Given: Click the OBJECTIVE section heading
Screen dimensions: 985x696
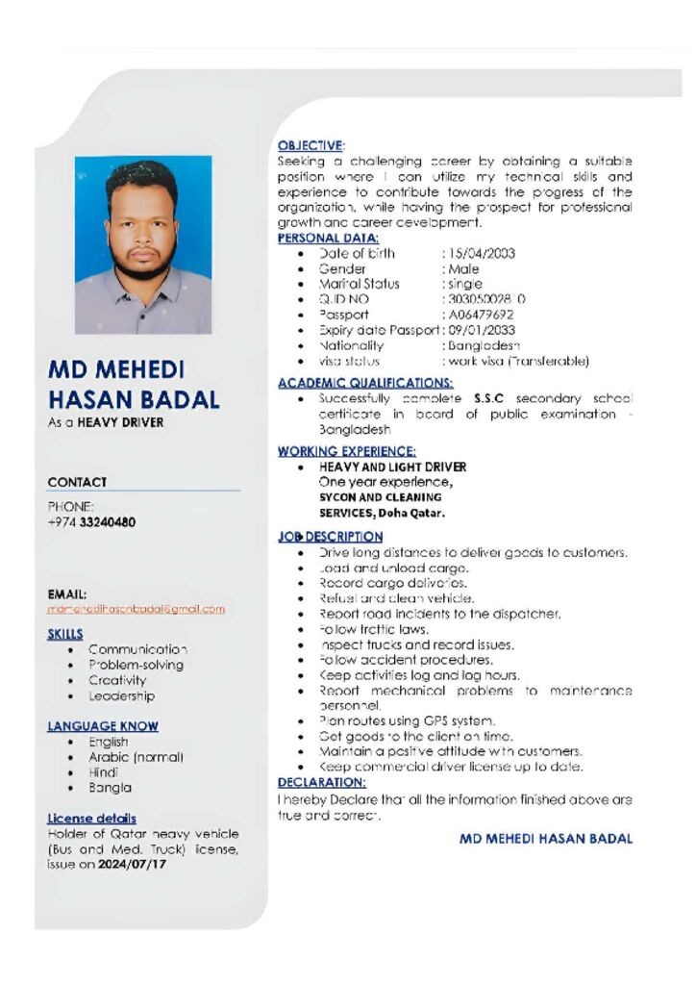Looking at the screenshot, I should click(x=311, y=144).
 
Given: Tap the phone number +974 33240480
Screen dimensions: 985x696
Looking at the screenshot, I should click(x=91, y=522).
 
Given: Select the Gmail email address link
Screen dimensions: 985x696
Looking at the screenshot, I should click(x=136, y=609).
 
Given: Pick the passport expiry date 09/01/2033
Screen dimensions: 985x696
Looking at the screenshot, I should click(x=483, y=330).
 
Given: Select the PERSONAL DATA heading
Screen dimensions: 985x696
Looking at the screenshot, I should click(x=328, y=238).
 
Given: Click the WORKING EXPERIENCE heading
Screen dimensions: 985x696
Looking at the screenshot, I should click(x=346, y=451).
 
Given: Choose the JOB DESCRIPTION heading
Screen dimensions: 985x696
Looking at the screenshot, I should click(x=330, y=537).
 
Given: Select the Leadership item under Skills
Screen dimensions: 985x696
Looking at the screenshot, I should click(x=121, y=695).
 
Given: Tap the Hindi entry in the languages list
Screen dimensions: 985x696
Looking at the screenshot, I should click(x=103, y=771).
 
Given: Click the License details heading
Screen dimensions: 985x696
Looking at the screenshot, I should click(x=91, y=819).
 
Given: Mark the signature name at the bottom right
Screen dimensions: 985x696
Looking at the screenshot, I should click(x=545, y=839).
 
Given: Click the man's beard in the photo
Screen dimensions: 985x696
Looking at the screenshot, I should click(x=142, y=265).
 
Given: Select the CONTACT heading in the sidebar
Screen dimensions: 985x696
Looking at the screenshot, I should click(x=77, y=482).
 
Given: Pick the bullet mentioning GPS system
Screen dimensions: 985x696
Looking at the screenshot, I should click(x=421, y=720).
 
